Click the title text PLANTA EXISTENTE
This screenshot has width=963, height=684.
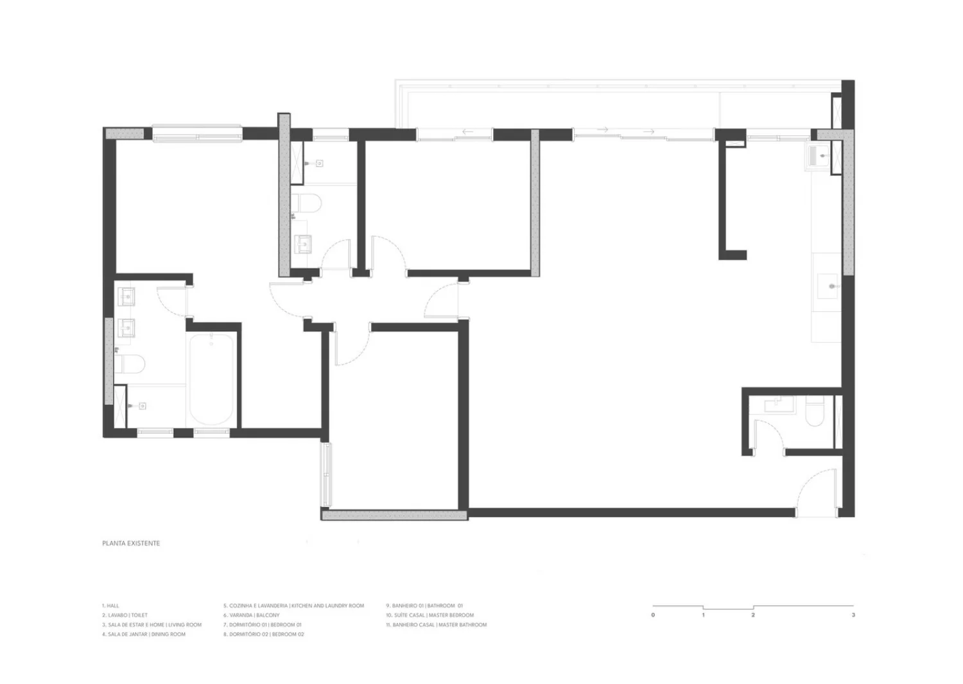click(131, 543)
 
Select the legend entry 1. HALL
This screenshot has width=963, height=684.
click(110, 605)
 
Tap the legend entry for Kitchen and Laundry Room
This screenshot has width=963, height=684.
click(293, 605)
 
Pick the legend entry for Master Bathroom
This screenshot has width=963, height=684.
click(437, 624)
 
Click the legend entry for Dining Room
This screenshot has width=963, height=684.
click(144, 634)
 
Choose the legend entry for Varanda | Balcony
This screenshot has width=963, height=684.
click(252, 615)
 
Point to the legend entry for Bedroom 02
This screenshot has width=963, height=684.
click(263, 634)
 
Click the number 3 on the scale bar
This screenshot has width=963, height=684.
click(853, 615)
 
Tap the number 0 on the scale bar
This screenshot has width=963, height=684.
click(653, 615)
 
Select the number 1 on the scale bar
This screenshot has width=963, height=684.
click(704, 615)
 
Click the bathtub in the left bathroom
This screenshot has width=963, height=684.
click(211, 379)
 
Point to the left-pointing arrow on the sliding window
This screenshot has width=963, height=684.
click(468, 132)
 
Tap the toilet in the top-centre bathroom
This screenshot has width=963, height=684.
click(306, 203)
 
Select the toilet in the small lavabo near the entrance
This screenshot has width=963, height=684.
click(814, 411)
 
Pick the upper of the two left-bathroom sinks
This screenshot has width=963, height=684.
click(126, 296)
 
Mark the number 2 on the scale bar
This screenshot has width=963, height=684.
click(753, 615)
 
